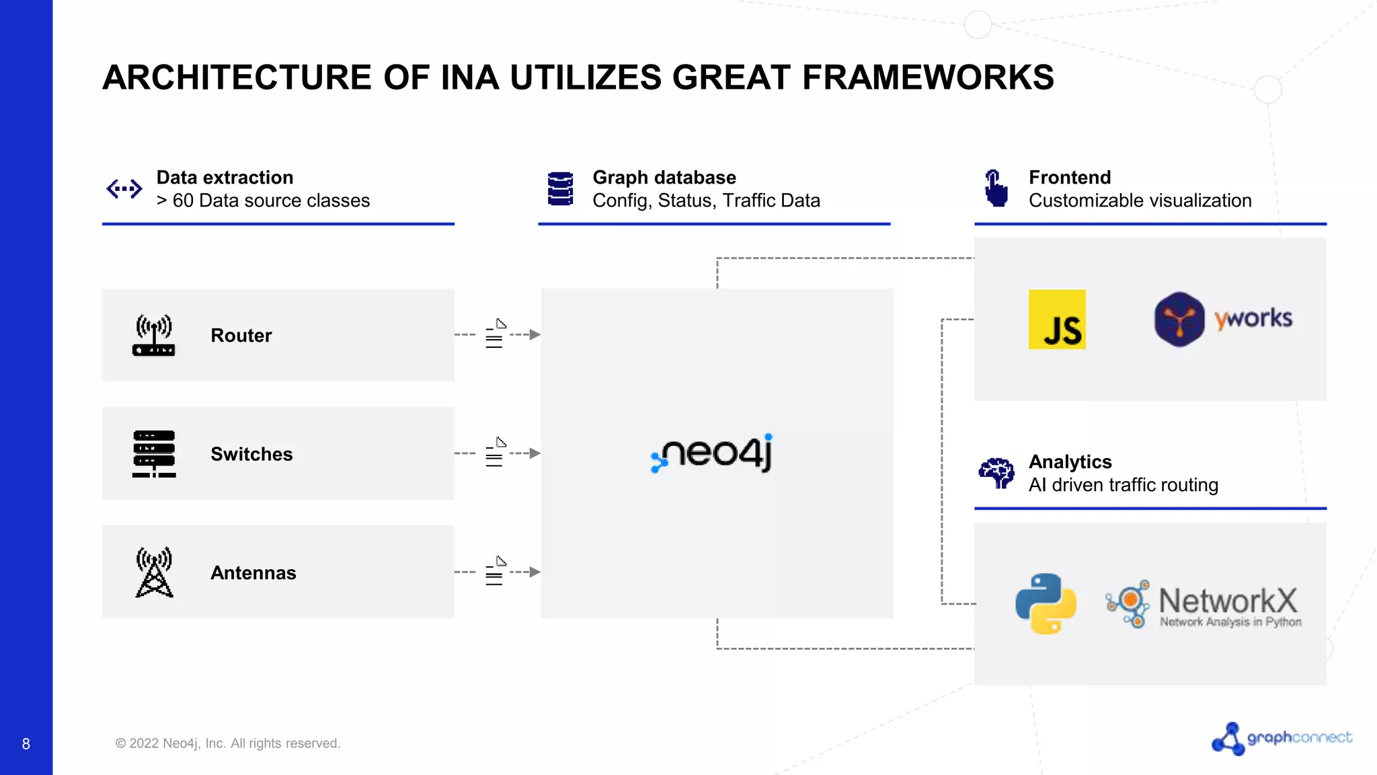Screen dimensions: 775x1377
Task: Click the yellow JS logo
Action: coord(1057,320)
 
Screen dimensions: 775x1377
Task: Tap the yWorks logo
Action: coord(1223,319)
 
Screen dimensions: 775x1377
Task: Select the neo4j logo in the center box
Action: coord(712,453)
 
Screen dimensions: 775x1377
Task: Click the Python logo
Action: coord(1046,603)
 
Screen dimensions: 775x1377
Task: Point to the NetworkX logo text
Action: coord(1228,601)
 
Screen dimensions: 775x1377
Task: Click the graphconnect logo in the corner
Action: coord(1282,739)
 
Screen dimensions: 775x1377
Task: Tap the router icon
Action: coord(154,335)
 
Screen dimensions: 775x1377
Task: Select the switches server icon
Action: coord(154,454)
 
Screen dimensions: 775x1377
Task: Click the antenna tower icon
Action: coord(154,573)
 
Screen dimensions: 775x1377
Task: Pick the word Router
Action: coord(241,336)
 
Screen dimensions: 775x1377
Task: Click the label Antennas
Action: coord(253,573)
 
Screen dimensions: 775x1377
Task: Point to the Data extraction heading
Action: coord(225,178)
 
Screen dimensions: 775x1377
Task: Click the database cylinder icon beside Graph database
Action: coord(560,188)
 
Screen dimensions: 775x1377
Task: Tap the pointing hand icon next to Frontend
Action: coord(996,188)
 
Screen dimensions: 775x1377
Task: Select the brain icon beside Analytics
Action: coord(996,473)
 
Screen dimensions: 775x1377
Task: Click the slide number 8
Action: coord(26,744)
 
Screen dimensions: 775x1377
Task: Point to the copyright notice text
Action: coord(227,743)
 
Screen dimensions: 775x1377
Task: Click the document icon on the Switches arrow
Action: coord(496,452)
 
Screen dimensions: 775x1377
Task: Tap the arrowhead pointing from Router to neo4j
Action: coord(535,334)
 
